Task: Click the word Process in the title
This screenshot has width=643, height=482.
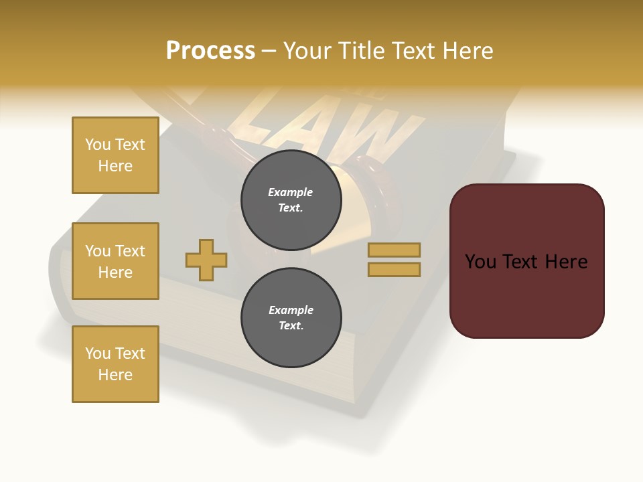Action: tap(210, 51)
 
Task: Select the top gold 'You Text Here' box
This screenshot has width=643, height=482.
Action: tap(115, 155)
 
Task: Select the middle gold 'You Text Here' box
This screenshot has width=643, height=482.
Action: tap(115, 261)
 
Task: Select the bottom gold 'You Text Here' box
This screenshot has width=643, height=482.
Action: tap(115, 364)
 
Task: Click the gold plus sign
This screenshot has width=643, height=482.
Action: tap(206, 260)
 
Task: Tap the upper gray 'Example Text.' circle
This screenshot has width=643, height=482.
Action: tap(291, 200)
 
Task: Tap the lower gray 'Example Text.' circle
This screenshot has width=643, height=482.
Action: tap(291, 318)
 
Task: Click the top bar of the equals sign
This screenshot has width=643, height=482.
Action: tap(395, 250)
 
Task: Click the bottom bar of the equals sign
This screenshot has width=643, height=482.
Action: tap(395, 270)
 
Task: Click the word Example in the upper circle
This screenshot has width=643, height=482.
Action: tap(291, 192)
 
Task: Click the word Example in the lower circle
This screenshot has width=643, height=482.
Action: tap(291, 310)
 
